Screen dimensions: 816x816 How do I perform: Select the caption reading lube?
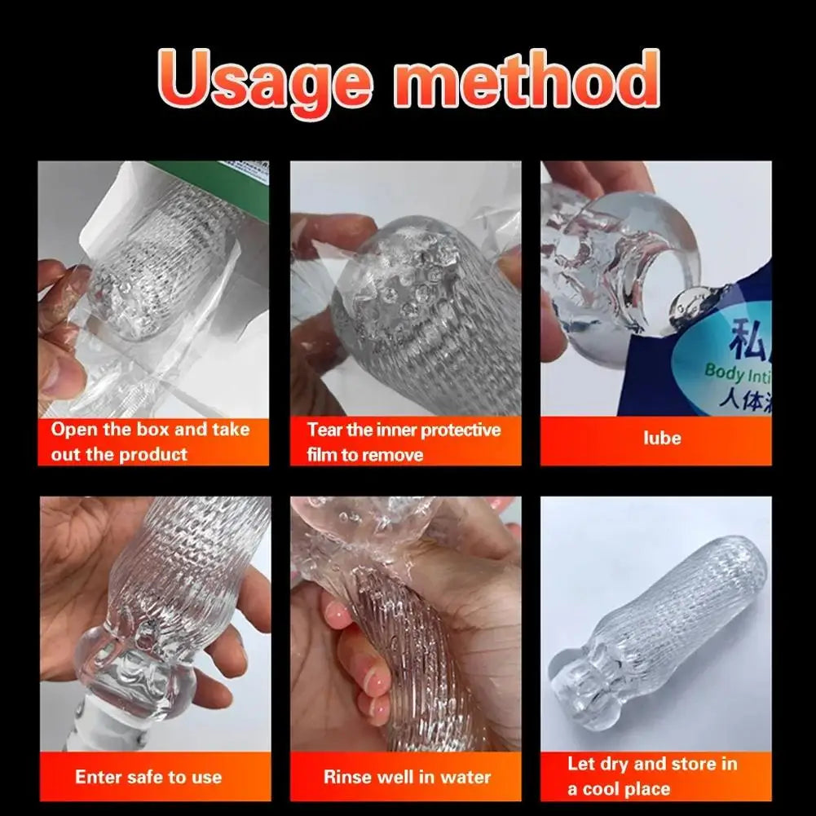coord(661,438)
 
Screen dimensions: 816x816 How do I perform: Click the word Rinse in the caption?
coord(349,777)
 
